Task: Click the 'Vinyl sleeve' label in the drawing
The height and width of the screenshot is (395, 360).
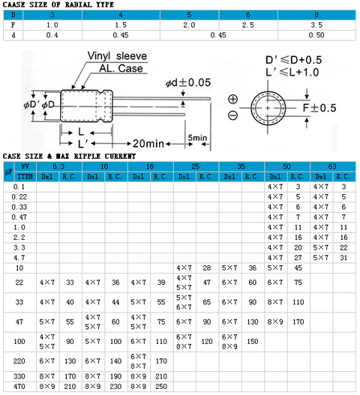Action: pyautogui.click(x=117, y=56)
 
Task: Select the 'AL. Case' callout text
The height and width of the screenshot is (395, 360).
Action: pyautogui.click(x=121, y=68)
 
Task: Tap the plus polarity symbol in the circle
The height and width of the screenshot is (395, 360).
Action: pyautogui.click(x=232, y=99)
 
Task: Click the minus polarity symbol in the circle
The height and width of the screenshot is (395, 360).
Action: pyautogui.click(x=232, y=115)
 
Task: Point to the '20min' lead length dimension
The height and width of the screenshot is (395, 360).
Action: pyautogui.click(x=148, y=144)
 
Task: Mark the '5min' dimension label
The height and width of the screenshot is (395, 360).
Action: pyautogui.click(x=197, y=138)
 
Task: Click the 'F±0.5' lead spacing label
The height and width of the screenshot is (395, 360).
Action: pyautogui.click(x=319, y=108)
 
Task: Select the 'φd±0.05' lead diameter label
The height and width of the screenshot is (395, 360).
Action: pyautogui.click(x=188, y=82)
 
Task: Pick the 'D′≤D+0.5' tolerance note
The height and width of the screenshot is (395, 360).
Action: pyautogui.click(x=294, y=60)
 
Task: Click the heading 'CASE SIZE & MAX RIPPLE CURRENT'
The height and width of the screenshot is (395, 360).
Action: pyautogui.click(x=69, y=156)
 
